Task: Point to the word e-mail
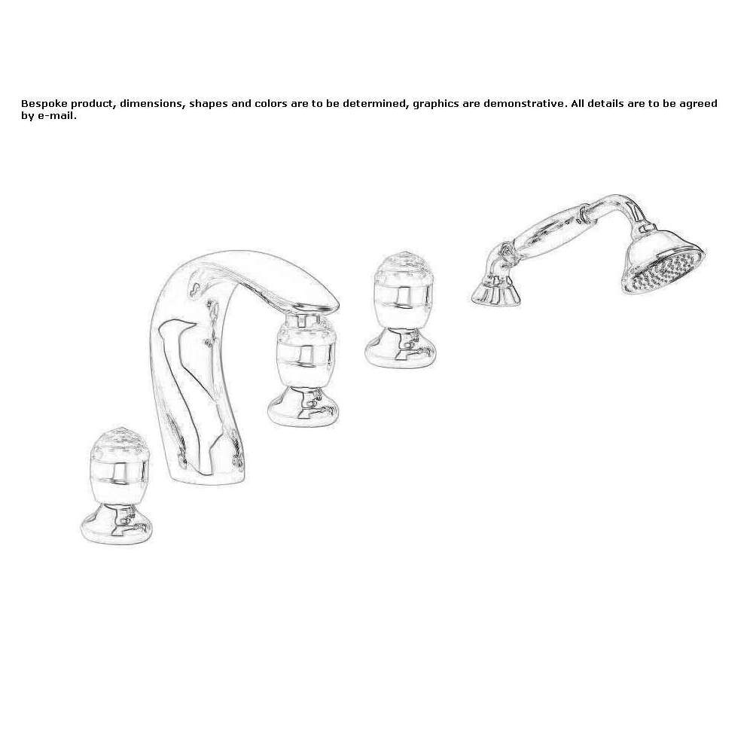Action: click(x=56, y=116)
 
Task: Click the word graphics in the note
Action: click(x=435, y=104)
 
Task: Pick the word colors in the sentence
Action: click(x=270, y=104)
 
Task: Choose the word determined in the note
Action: click(x=376, y=104)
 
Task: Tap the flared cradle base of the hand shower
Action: click(x=495, y=294)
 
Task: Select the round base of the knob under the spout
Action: click(x=303, y=407)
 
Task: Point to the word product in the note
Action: click(x=93, y=104)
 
